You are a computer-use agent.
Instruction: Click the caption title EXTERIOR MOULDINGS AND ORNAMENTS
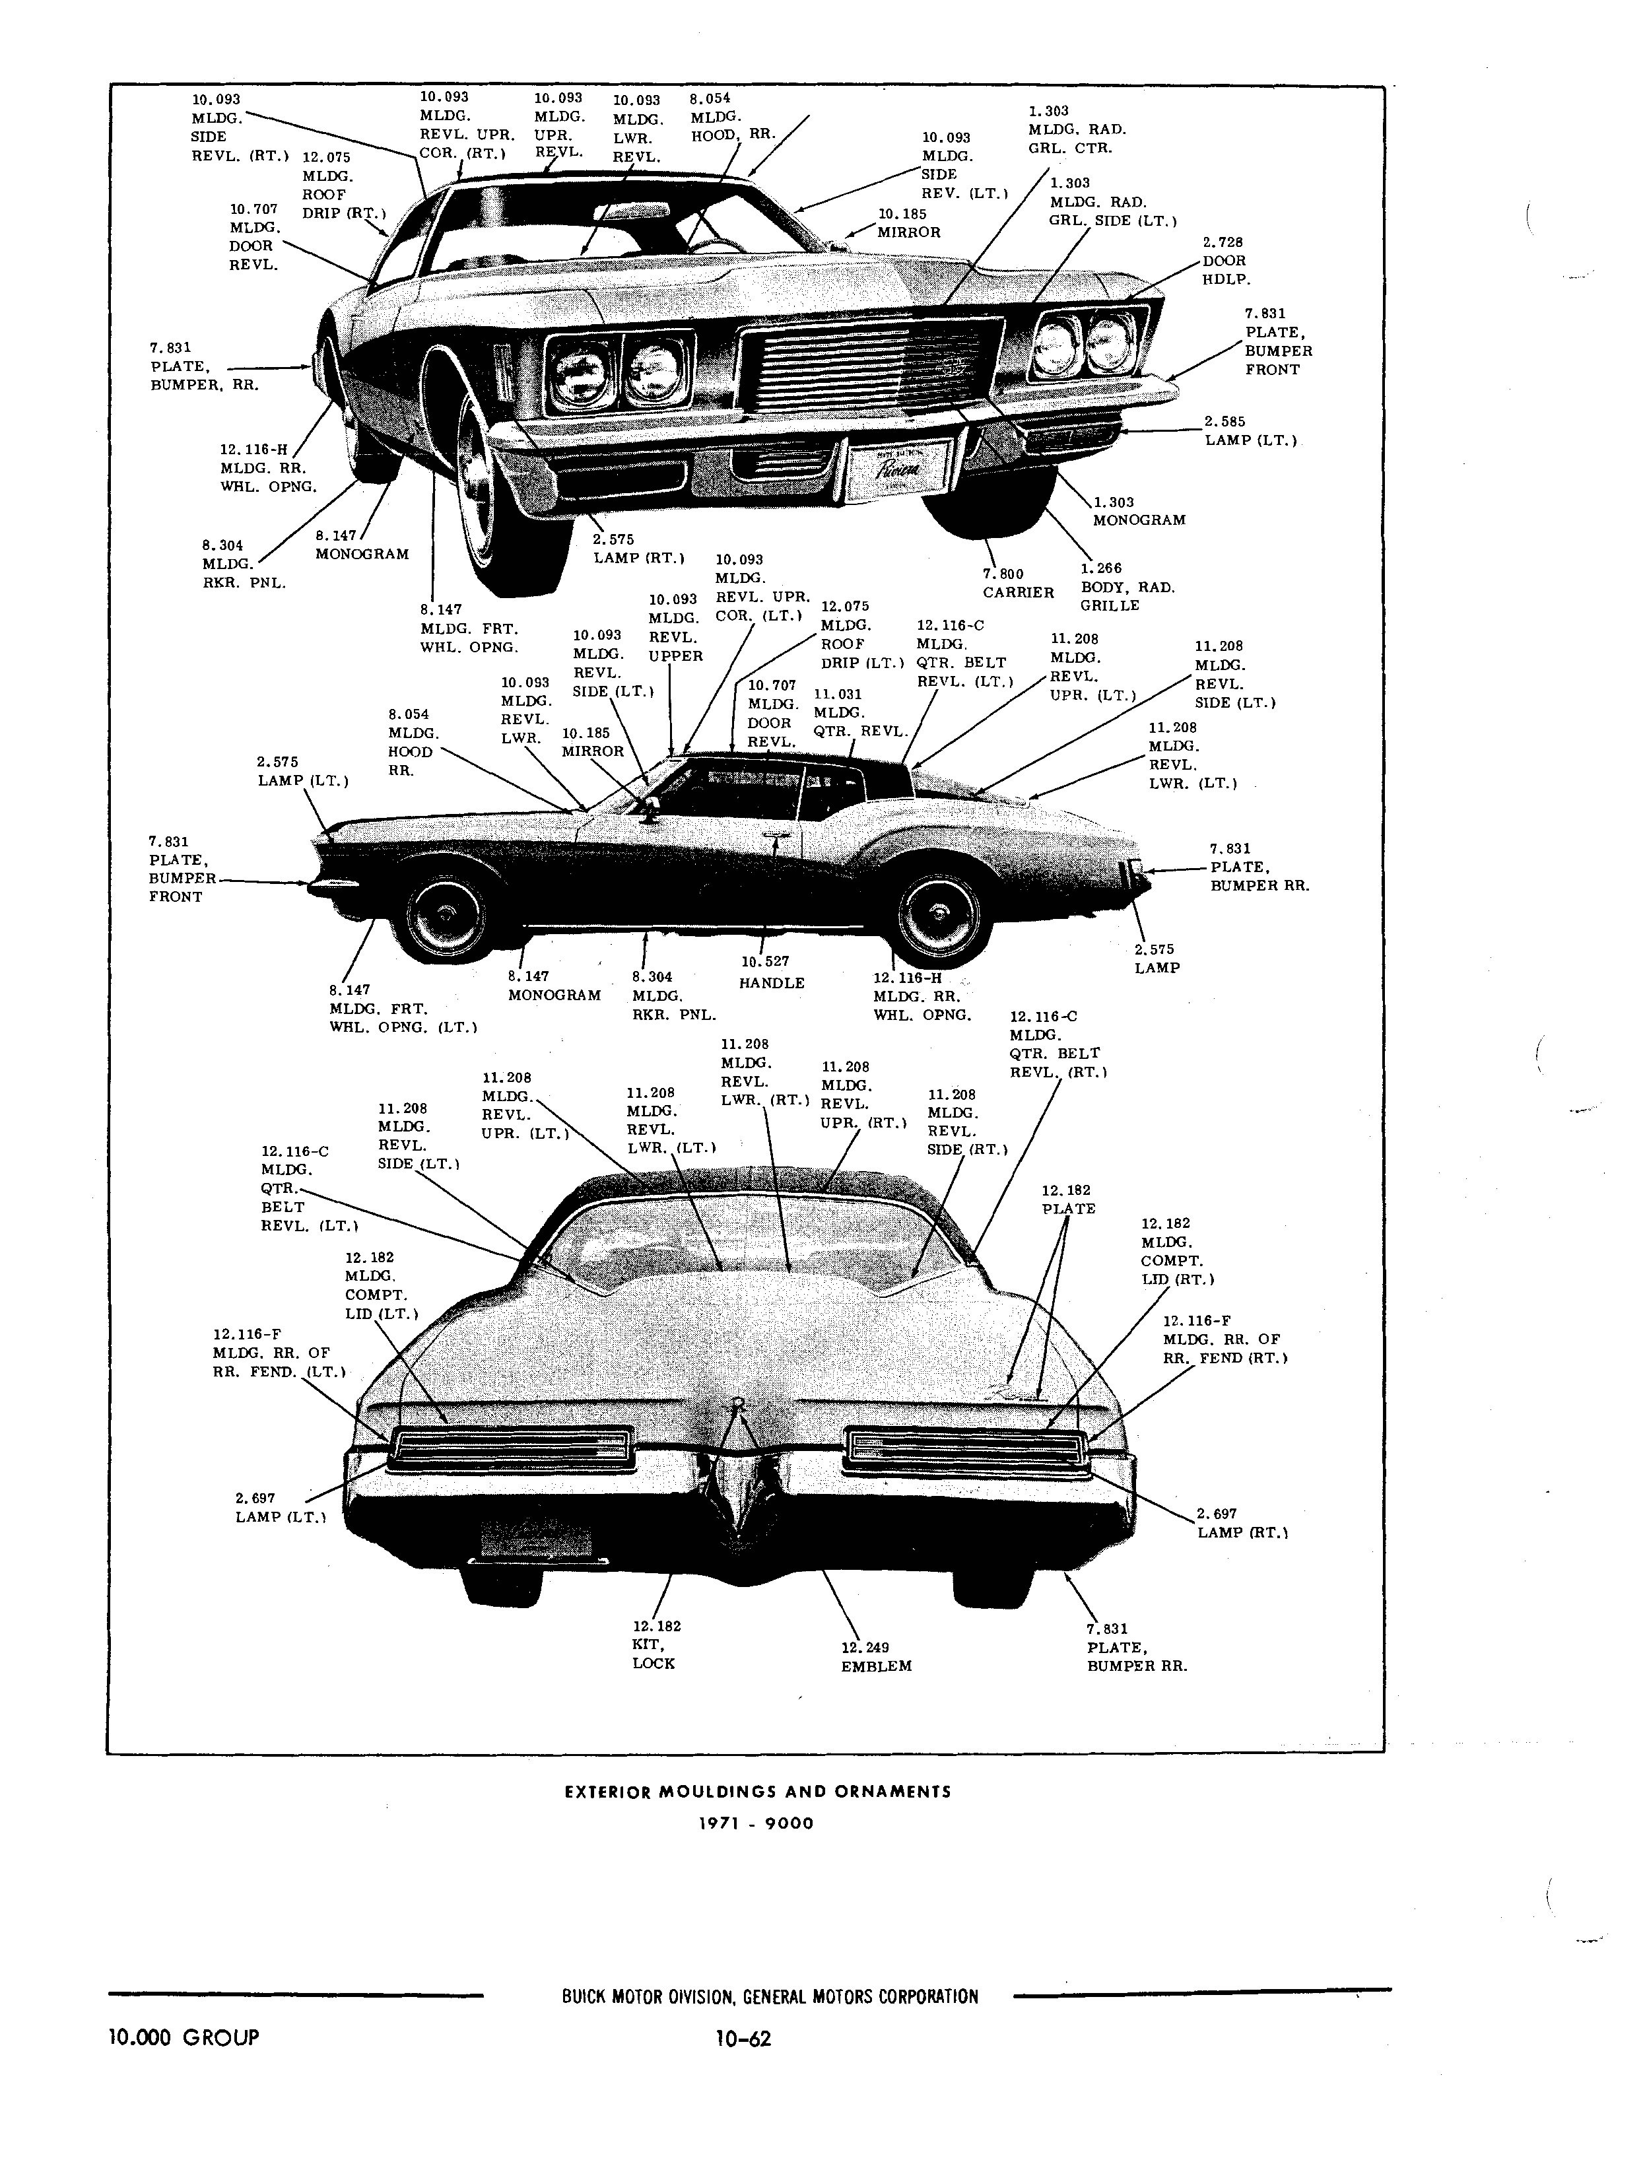758,1791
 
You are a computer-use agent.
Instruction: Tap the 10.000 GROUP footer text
184,2038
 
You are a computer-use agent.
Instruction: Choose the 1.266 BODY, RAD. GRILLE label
1127,586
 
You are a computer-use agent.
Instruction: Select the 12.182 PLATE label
1067,1200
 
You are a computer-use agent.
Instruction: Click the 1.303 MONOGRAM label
1139,511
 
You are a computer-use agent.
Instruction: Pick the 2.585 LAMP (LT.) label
1250,431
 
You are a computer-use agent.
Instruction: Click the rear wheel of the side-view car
938,916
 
